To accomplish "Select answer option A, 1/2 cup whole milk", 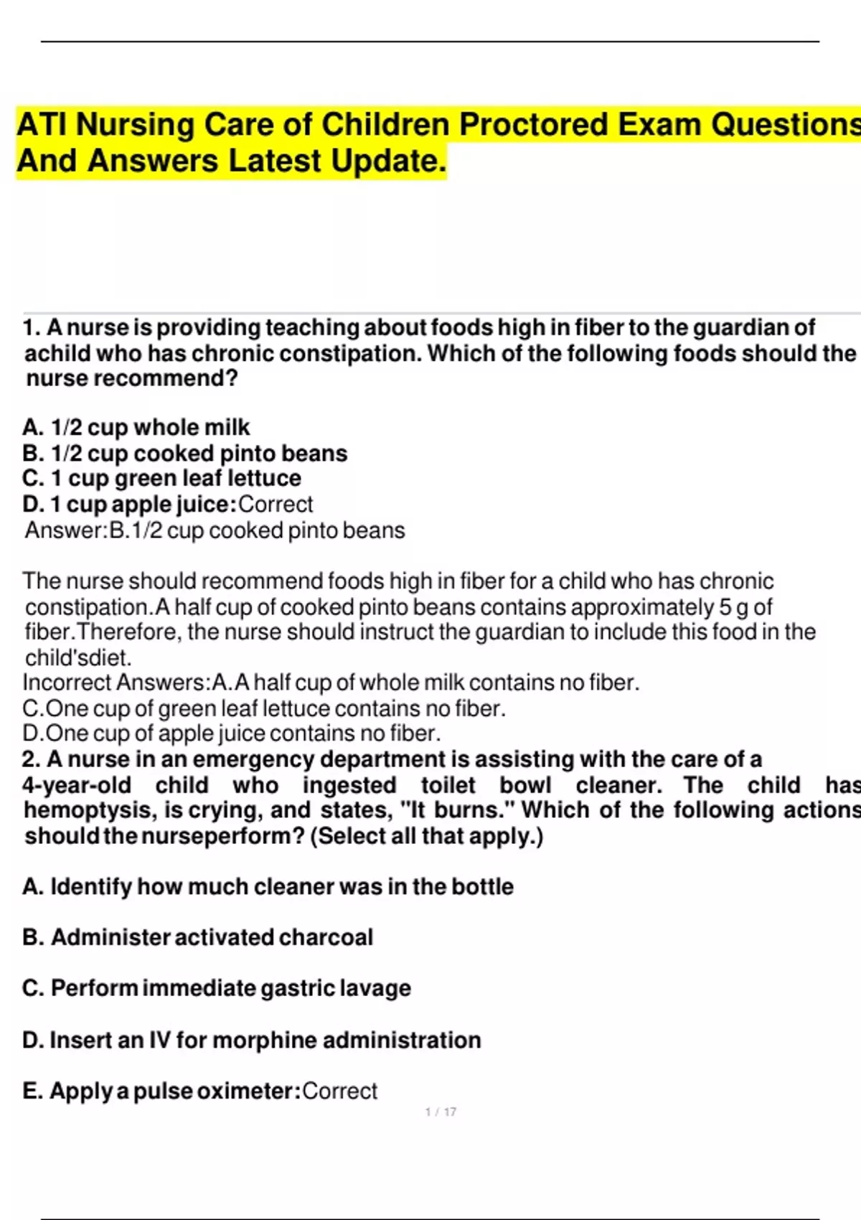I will (x=136, y=428).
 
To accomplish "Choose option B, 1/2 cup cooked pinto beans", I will (x=185, y=454).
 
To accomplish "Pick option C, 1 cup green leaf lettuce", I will (x=162, y=479).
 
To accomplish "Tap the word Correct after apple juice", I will (x=276, y=505).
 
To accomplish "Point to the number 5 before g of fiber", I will (x=725, y=607).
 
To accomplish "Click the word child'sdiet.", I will (x=78, y=657).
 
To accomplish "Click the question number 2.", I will (x=31, y=759).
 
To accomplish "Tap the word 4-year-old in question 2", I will (x=77, y=785).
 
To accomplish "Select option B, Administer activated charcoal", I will (x=198, y=937).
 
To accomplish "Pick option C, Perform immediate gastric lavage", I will (x=217, y=988).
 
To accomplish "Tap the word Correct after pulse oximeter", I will (x=339, y=1091).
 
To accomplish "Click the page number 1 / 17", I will (x=441, y=1112).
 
